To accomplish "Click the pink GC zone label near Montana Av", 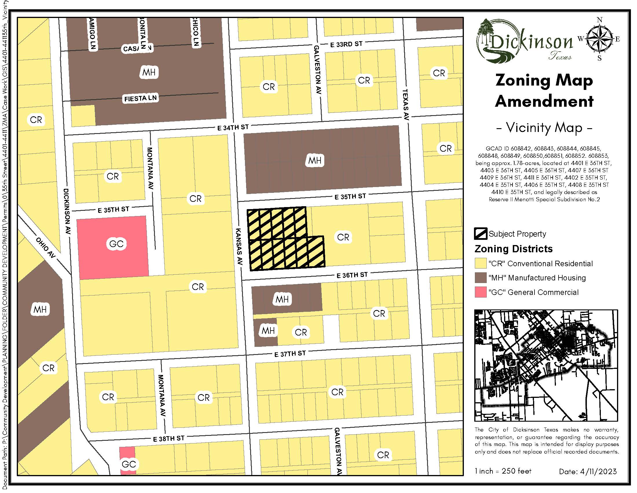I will click(x=116, y=244).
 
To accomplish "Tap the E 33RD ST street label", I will click(x=346, y=44).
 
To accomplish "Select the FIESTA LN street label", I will click(x=140, y=98).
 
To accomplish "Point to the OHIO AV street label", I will click(x=46, y=248).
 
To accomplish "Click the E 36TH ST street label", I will click(x=352, y=275).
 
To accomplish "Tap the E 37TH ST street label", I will click(x=290, y=354).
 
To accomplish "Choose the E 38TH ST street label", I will click(x=169, y=438).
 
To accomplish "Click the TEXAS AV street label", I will click(x=406, y=105).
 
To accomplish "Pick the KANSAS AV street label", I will click(x=239, y=247).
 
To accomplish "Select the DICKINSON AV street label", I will click(x=67, y=211).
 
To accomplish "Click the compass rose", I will click(x=599, y=39).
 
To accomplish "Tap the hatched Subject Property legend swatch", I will click(x=480, y=234).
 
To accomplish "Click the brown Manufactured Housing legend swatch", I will click(x=480, y=278).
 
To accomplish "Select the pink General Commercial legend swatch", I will click(x=480, y=292).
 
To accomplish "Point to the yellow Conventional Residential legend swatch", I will click(x=480, y=263).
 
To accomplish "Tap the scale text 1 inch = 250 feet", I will click(x=503, y=471).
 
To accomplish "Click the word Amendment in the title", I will click(x=544, y=101).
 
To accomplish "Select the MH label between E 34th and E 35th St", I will click(x=315, y=160).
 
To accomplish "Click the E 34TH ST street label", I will click(x=233, y=127).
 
